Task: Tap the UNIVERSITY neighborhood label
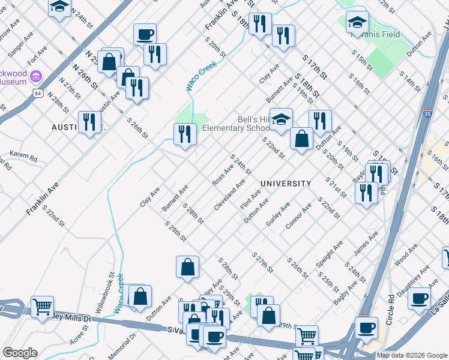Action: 286,184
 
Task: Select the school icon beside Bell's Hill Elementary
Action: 280,119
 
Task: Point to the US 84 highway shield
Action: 38,94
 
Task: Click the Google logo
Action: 20,353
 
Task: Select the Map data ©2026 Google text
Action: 412,355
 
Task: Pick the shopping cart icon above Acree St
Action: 42,307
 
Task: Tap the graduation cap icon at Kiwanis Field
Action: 358,23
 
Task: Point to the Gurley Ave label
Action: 278,214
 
